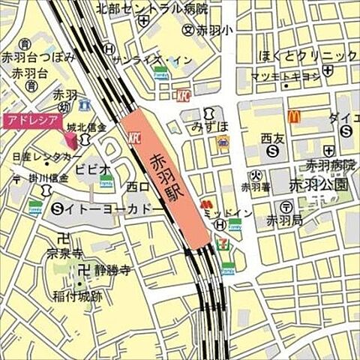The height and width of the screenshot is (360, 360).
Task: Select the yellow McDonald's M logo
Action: click(294, 116)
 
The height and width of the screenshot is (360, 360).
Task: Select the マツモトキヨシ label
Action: click(296, 76)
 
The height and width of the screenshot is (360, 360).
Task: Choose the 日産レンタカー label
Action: click(46, 155)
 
